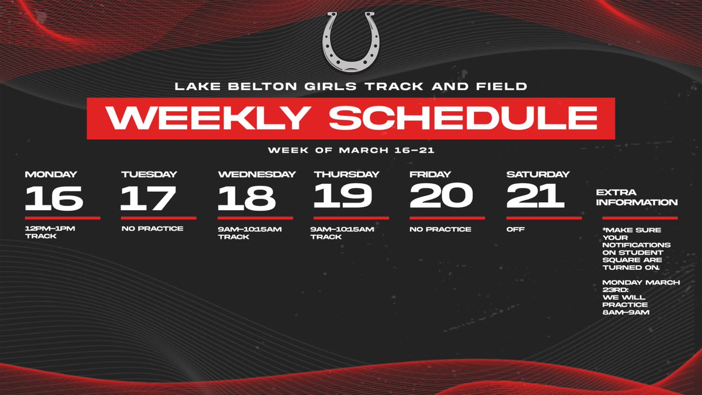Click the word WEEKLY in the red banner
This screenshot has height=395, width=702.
[211, 118]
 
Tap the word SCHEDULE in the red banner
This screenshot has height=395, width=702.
[463, 118]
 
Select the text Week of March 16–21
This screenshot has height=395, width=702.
[351, 150]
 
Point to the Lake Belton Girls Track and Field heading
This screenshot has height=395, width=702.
[351, 87]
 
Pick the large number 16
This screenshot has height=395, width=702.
[54, 198]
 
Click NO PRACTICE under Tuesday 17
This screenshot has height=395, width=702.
[152, 229]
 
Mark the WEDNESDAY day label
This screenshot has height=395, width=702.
[257, 174]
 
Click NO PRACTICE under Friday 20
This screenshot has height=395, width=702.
[441, 229]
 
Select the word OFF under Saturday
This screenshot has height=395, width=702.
[515, 229]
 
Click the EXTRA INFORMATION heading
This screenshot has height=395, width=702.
[636, 197]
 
